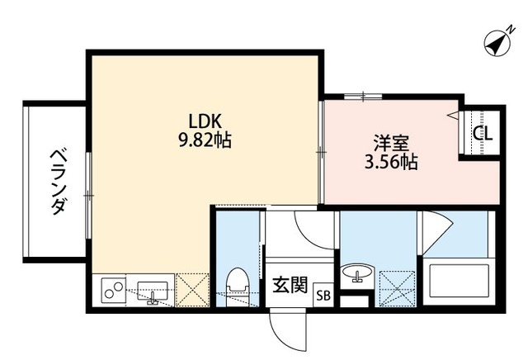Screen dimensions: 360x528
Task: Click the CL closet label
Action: click(x=483, y=133)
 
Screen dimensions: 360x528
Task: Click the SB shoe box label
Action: click(x=323, y=295)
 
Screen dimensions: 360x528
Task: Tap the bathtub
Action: click(x=458, y=283)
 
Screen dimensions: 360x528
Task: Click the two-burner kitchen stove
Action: click(x=113, y=291)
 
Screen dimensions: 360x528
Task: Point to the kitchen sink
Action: click(x=153, y=291)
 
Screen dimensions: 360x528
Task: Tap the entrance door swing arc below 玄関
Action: click(x=285, y=329)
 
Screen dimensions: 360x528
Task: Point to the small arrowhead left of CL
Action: click(x=453, y=116)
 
